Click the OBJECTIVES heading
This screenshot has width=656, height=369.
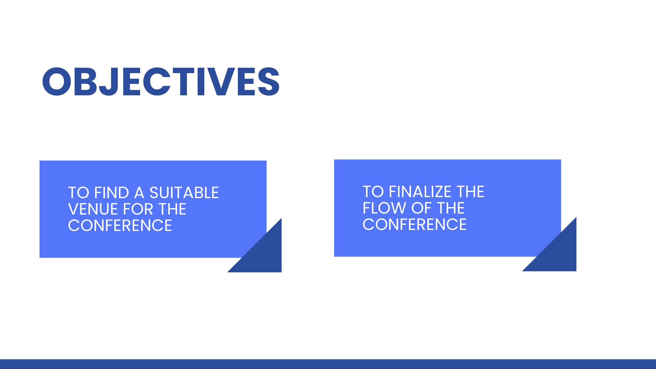pos(161,82)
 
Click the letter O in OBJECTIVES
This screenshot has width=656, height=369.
pos(57,82)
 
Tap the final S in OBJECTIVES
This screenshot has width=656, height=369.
pos(269,82)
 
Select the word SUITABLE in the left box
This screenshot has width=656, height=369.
pos(184,193)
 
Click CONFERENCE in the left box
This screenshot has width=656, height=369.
pos(120,225)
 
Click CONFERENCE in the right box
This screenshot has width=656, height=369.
pos(414,224)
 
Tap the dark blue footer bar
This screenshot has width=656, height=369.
pos(328,364)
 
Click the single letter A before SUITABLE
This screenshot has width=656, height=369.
pos(139,193)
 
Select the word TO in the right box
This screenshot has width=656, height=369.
pos(373,192)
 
